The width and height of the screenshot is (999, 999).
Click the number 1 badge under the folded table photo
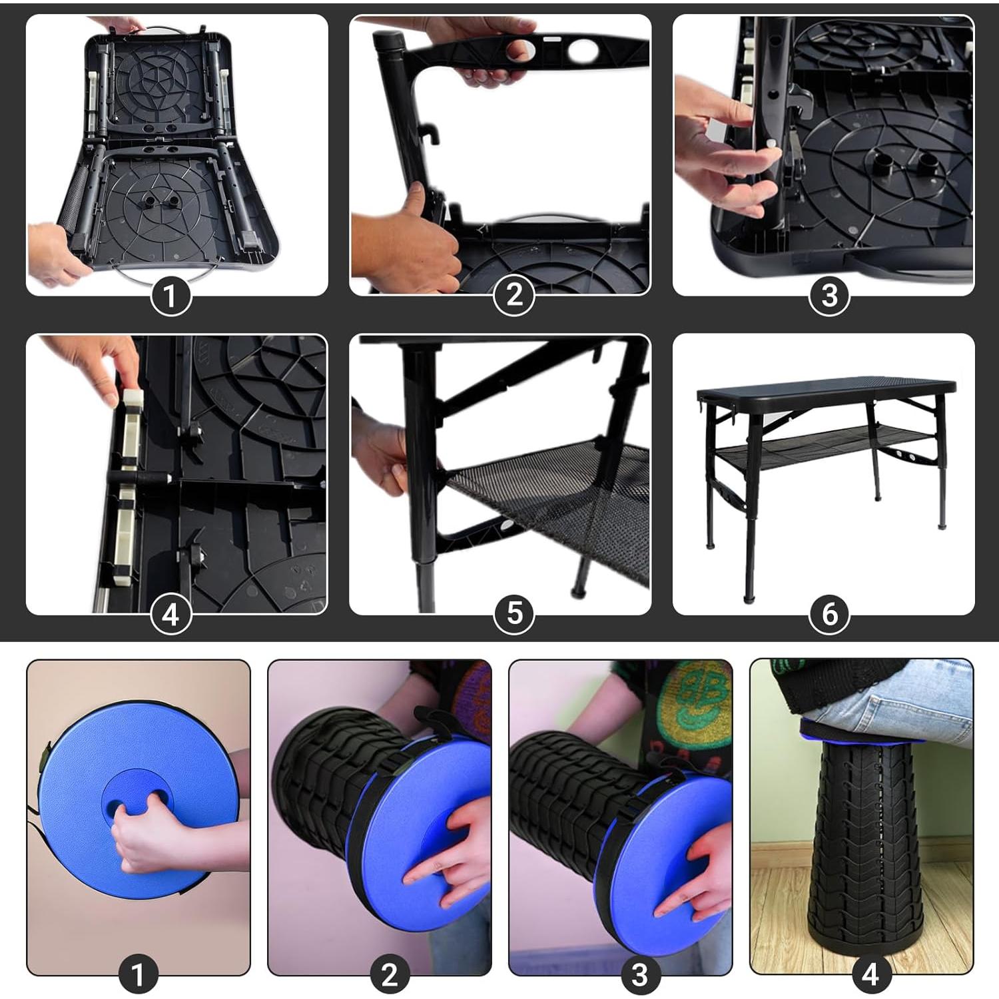coord(170,296)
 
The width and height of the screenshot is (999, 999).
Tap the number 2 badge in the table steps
coord(514,296)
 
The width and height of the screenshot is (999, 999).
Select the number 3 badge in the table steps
coord(829,296)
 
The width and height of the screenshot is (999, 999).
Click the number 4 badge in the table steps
coord(170,614)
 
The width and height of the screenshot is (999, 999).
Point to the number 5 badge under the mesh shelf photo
coord(514,614)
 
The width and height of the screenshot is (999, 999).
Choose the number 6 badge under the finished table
coord(829,614)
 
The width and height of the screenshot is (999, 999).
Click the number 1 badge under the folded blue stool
coord(139,975)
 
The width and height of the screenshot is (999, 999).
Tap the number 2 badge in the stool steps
coord(390,975)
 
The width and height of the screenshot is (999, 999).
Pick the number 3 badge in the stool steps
coord(639,975)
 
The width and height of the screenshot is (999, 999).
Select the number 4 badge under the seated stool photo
coord(870,975)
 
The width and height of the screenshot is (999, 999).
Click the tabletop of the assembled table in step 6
coord(826,386)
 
